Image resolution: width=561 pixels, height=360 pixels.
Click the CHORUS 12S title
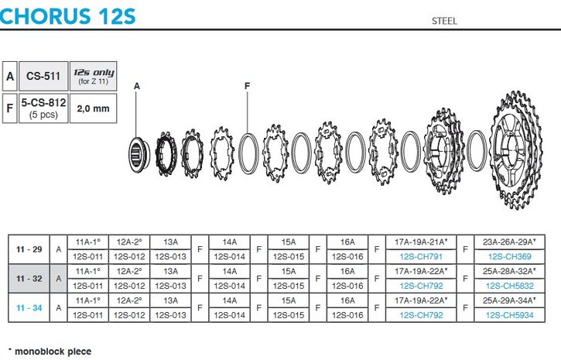point(67,16)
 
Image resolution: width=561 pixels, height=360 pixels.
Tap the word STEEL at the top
point(444,21)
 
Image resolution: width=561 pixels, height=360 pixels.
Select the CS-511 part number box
point(43,76)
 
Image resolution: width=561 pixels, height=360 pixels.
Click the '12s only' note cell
point(94,76)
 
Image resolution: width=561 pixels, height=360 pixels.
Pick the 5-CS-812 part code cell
point(43,108)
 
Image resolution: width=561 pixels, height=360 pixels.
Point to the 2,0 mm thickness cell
point(94,108)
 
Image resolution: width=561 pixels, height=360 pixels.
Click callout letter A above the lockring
point(137,86)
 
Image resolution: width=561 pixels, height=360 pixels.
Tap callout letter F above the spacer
point(247,86)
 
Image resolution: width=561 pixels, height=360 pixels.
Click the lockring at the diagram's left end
point(136,154)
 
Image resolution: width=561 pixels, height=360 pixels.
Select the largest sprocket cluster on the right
point(515,150)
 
